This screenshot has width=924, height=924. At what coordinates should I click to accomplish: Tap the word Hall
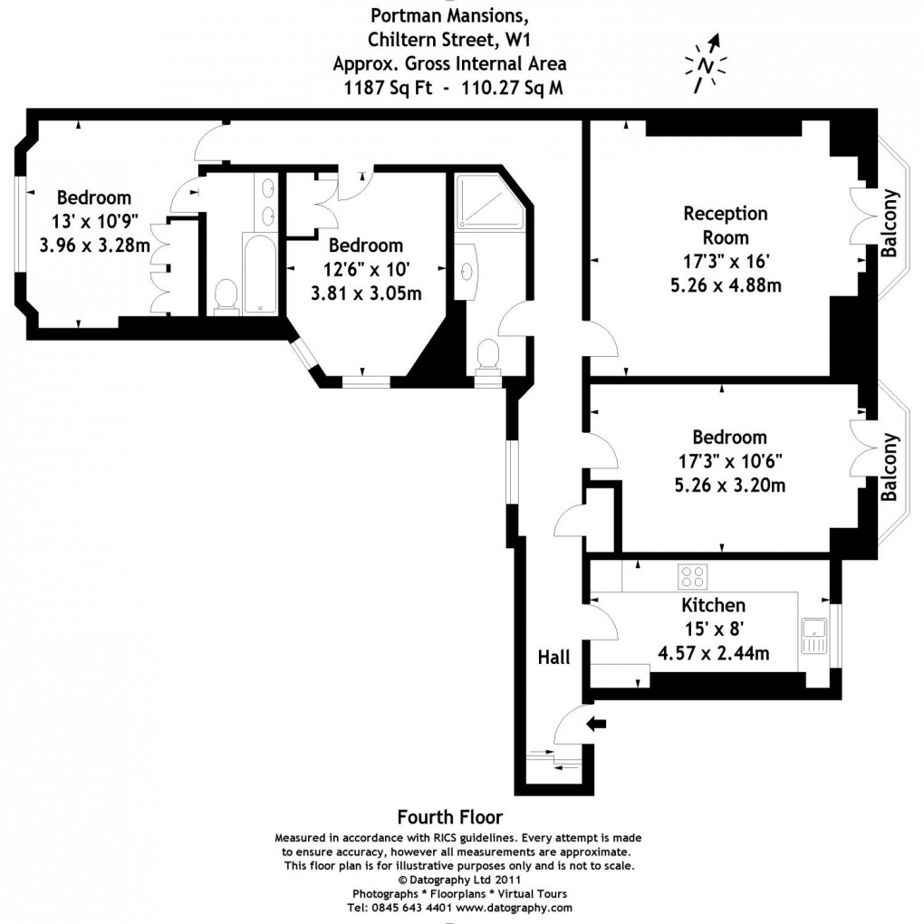point(553,657)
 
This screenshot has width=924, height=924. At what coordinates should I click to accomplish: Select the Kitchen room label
point(713,605)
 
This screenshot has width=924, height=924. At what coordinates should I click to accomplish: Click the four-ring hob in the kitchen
point(693,576)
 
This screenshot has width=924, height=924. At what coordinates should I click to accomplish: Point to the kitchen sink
point(812,633)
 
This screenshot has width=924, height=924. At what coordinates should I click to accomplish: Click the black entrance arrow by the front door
point(596,723)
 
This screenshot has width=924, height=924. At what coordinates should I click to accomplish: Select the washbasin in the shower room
point(469,269)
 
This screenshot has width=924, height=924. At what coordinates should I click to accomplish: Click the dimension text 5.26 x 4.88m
point(725,284)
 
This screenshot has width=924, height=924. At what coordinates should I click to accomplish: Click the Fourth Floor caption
point(449,817)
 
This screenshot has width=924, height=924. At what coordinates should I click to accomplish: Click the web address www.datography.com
point(514,907)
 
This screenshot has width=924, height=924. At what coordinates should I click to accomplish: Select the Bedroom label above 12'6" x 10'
point(365,245)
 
